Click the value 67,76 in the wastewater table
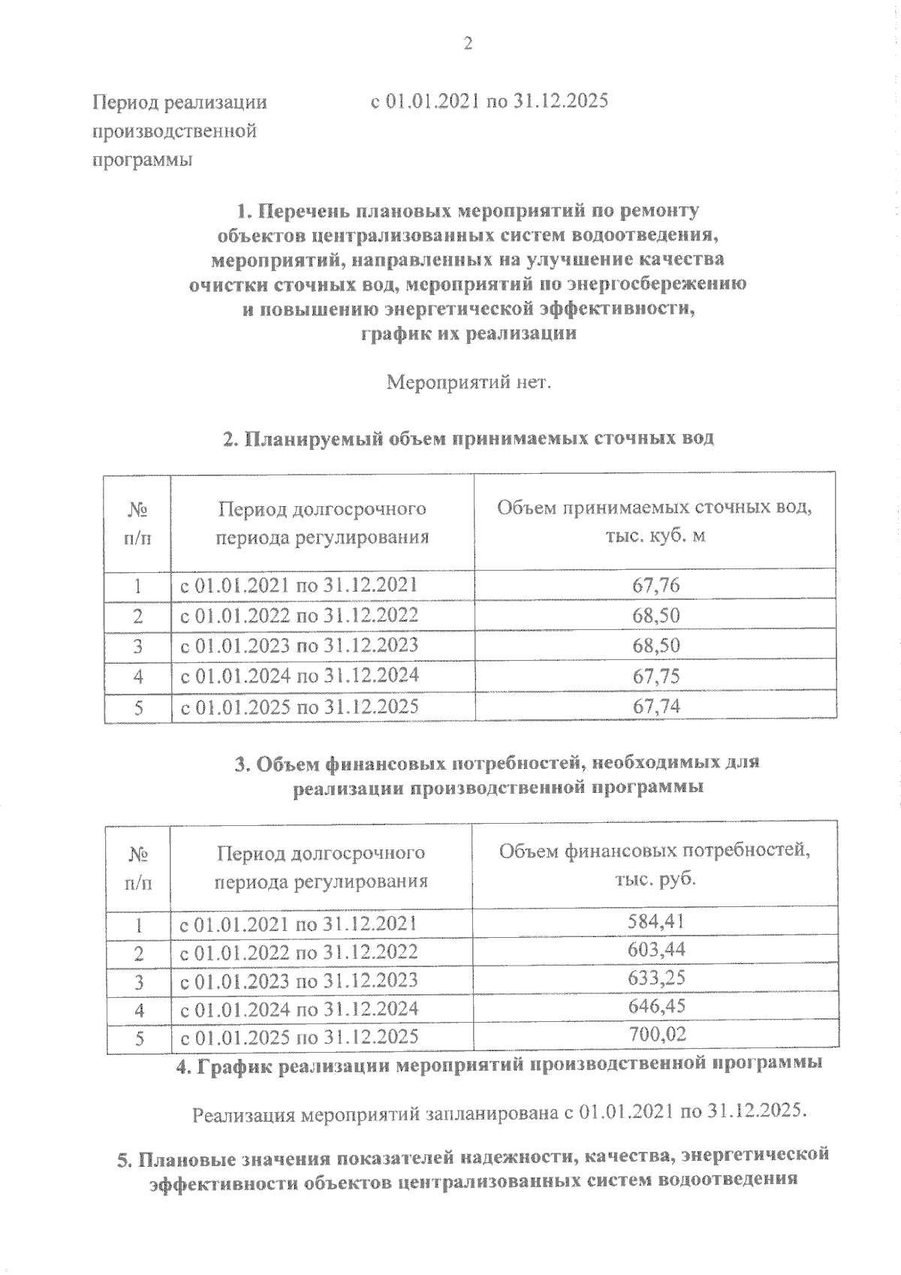(x=656, y=585)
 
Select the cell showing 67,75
(x=656, y=676)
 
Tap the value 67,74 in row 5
(x=656, y=706)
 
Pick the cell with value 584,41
(x=656, y=921)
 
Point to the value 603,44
(x=656, y=950)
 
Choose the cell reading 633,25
(x=656, y=978)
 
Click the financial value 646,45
(x=656, y=1006)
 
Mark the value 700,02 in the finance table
(x=656, y=1035)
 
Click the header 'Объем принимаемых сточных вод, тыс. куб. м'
(x=655, y=521)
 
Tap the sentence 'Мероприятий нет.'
(x=469, y=384)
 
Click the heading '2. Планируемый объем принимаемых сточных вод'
(x=469, y=439)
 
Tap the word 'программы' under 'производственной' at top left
(x=142, y=160)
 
